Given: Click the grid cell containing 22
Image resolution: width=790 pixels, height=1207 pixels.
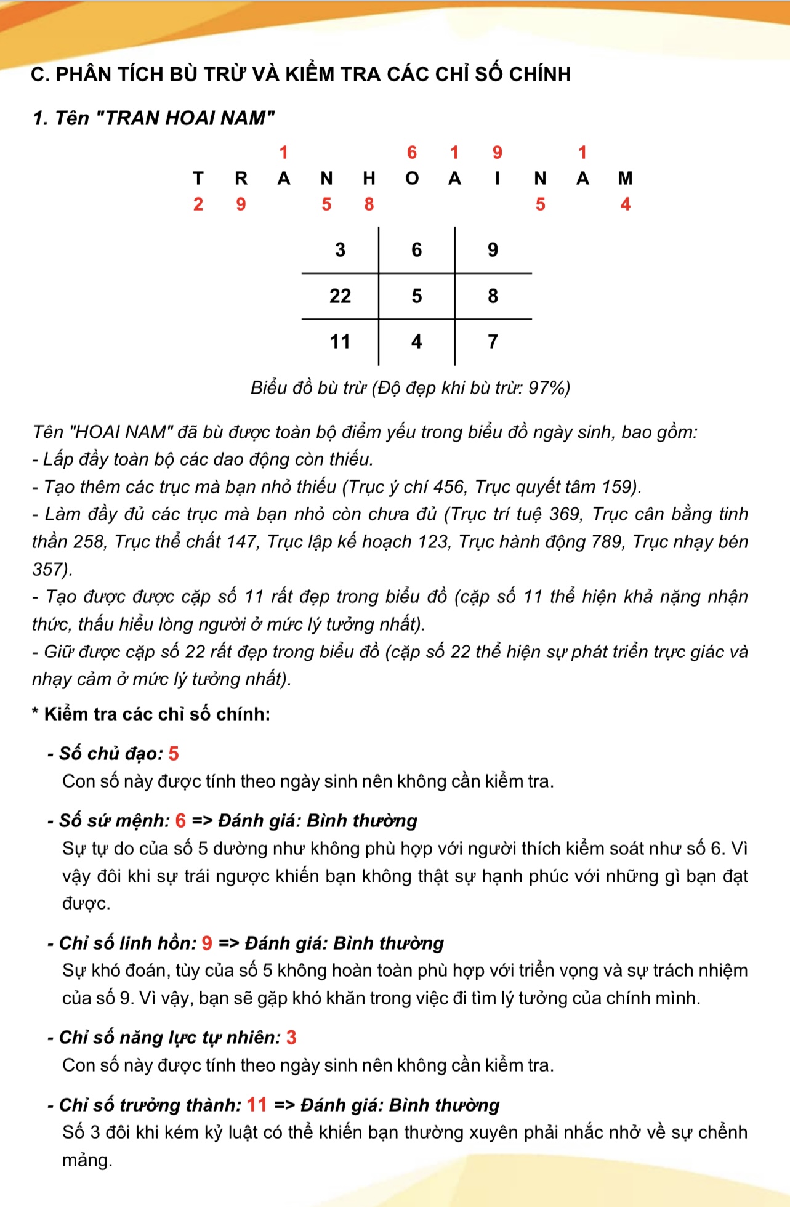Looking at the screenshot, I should [340, 296].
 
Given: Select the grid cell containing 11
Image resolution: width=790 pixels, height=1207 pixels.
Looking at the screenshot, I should [340, 342].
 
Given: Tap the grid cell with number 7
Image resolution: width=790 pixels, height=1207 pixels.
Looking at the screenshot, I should [493, 342].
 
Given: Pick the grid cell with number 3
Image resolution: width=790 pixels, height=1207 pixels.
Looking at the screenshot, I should [340, 250].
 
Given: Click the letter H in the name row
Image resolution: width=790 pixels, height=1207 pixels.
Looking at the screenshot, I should [369, 179].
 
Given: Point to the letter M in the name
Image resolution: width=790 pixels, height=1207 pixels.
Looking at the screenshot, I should [625, 179].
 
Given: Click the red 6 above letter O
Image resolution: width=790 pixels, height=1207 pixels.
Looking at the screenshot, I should [412, 153].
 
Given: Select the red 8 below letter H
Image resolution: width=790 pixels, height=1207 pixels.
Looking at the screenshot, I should [369, 204].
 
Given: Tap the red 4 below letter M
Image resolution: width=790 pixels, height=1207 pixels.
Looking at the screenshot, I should [625, 204].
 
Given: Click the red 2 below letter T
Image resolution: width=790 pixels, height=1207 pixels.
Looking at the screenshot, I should [198, 204].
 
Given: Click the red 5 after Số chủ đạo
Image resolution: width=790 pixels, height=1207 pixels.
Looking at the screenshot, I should [174, 754].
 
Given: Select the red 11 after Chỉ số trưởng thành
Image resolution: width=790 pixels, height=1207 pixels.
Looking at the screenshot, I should [257, 1105].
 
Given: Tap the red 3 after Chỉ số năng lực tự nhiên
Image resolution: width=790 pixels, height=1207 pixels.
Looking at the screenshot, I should [291, 1038].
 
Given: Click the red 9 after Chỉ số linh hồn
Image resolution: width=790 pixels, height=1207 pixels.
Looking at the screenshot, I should [207, 943].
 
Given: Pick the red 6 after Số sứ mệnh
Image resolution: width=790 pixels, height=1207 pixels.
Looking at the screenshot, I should [180, 821].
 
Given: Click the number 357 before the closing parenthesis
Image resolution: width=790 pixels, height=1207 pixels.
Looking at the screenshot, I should [49, 570].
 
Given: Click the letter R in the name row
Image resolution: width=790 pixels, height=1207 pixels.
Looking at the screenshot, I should [241, 179].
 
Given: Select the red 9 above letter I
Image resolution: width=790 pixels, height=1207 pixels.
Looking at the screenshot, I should [498, 153].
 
